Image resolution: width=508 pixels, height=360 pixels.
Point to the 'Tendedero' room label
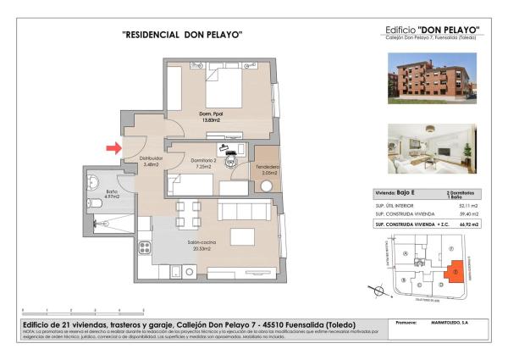pyautogui.click(x=268, y=169)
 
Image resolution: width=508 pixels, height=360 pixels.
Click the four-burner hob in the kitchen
pyautogui.click(x=145, y=248)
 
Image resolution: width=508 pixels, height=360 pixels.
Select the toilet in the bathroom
pyautogui.click(x=95, y=180)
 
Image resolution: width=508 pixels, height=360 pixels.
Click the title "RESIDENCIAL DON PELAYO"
pyautogui.click(x=183, y=35)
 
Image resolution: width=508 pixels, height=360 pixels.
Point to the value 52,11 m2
pyautogui.click(x=467, y=206)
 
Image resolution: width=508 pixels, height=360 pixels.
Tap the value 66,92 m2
pyautogui.click(x=467, y=225)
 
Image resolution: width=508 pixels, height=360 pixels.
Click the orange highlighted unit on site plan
pyautogui.click(x=455, y=271)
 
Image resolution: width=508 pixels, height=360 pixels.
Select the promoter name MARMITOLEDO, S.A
pyautogui.click(x=453, y=323)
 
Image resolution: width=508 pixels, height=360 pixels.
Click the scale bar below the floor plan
pyautogui.click(x=83, y=310)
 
